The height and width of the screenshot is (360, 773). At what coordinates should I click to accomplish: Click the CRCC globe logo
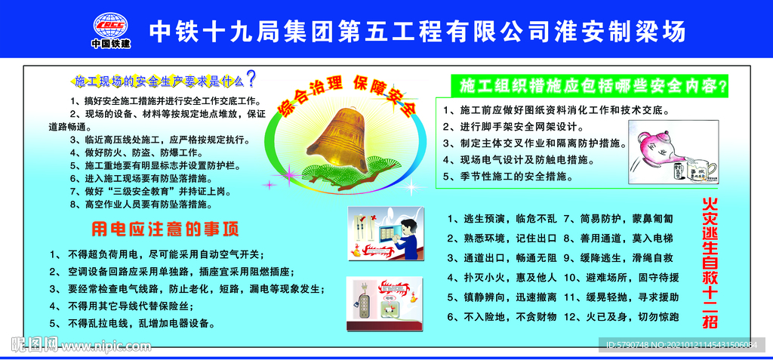point(110,24)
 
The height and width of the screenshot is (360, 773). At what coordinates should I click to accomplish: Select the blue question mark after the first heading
point(251,78)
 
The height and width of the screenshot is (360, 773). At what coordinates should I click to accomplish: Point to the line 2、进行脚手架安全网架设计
point(519,126)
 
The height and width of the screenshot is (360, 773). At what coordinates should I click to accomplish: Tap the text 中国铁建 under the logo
point(110,44)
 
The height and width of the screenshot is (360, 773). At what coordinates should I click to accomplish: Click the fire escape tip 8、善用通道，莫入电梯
point(617,238)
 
